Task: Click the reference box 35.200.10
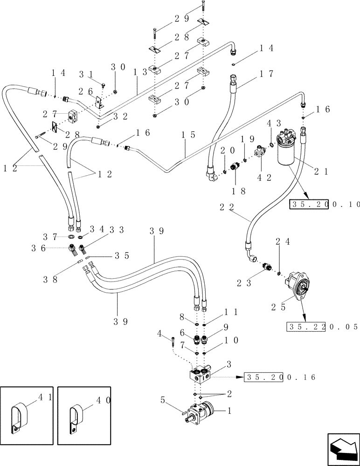point(325,204)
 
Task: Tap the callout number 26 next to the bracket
point(86,91)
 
